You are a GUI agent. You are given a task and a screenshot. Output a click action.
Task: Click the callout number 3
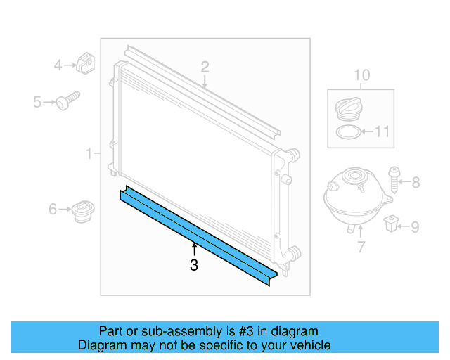(x=194, y=265)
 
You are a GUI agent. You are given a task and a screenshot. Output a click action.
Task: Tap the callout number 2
(x=205, y=67)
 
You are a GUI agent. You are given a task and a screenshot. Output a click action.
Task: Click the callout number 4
(x=59, y=66)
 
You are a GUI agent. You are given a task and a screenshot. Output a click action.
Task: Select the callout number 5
(x=38, y=103)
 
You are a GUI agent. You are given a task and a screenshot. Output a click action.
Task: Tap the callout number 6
(x=53, y=209)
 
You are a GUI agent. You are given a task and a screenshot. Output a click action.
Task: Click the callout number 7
(x=361, y=247)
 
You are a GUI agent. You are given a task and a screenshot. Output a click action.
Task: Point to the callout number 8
(x=416, y=183)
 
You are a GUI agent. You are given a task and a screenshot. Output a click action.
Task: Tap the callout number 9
(x=415, y=227)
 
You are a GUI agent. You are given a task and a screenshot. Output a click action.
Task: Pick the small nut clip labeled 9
(x=390, y=225)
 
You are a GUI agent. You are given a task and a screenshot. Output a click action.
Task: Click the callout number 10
(x=361, y=75)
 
